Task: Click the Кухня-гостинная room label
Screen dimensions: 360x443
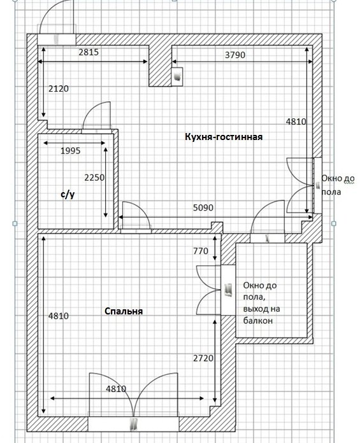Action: click(x=224, y=137)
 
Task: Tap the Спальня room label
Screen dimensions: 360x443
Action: click(x=124, y=311)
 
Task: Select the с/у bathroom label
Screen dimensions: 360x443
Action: click(x=68, y=194)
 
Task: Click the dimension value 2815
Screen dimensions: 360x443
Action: click(x=89, y=52)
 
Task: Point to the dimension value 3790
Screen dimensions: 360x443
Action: click(x=235, y=55)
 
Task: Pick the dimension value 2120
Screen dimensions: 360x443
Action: click(x=59, y=88)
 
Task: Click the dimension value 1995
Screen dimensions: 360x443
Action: click(x=71, y=151)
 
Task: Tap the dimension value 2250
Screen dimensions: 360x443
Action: click(x=94, y=178)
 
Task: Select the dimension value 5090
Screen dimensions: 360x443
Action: click(x=203, y=207)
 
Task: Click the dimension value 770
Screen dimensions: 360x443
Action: click(x=201, y=251)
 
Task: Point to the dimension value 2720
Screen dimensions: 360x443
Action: click(x=203, y=358)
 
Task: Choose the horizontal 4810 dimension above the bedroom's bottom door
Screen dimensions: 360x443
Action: click(x=116, y=389)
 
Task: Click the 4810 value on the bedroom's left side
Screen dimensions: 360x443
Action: click(x=59, y=316)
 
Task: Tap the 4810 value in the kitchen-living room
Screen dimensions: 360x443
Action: click(x=296, y=122)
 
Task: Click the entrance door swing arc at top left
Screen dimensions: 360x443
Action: click(x=46, y=11)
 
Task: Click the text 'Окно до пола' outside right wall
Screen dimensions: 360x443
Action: click(x=338, y=185)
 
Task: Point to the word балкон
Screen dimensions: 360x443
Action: click(x=257, y=321)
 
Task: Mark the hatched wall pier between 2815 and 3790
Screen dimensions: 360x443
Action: click(x=161, y=66)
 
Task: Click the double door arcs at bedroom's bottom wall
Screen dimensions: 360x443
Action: click(x=133, y=395)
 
